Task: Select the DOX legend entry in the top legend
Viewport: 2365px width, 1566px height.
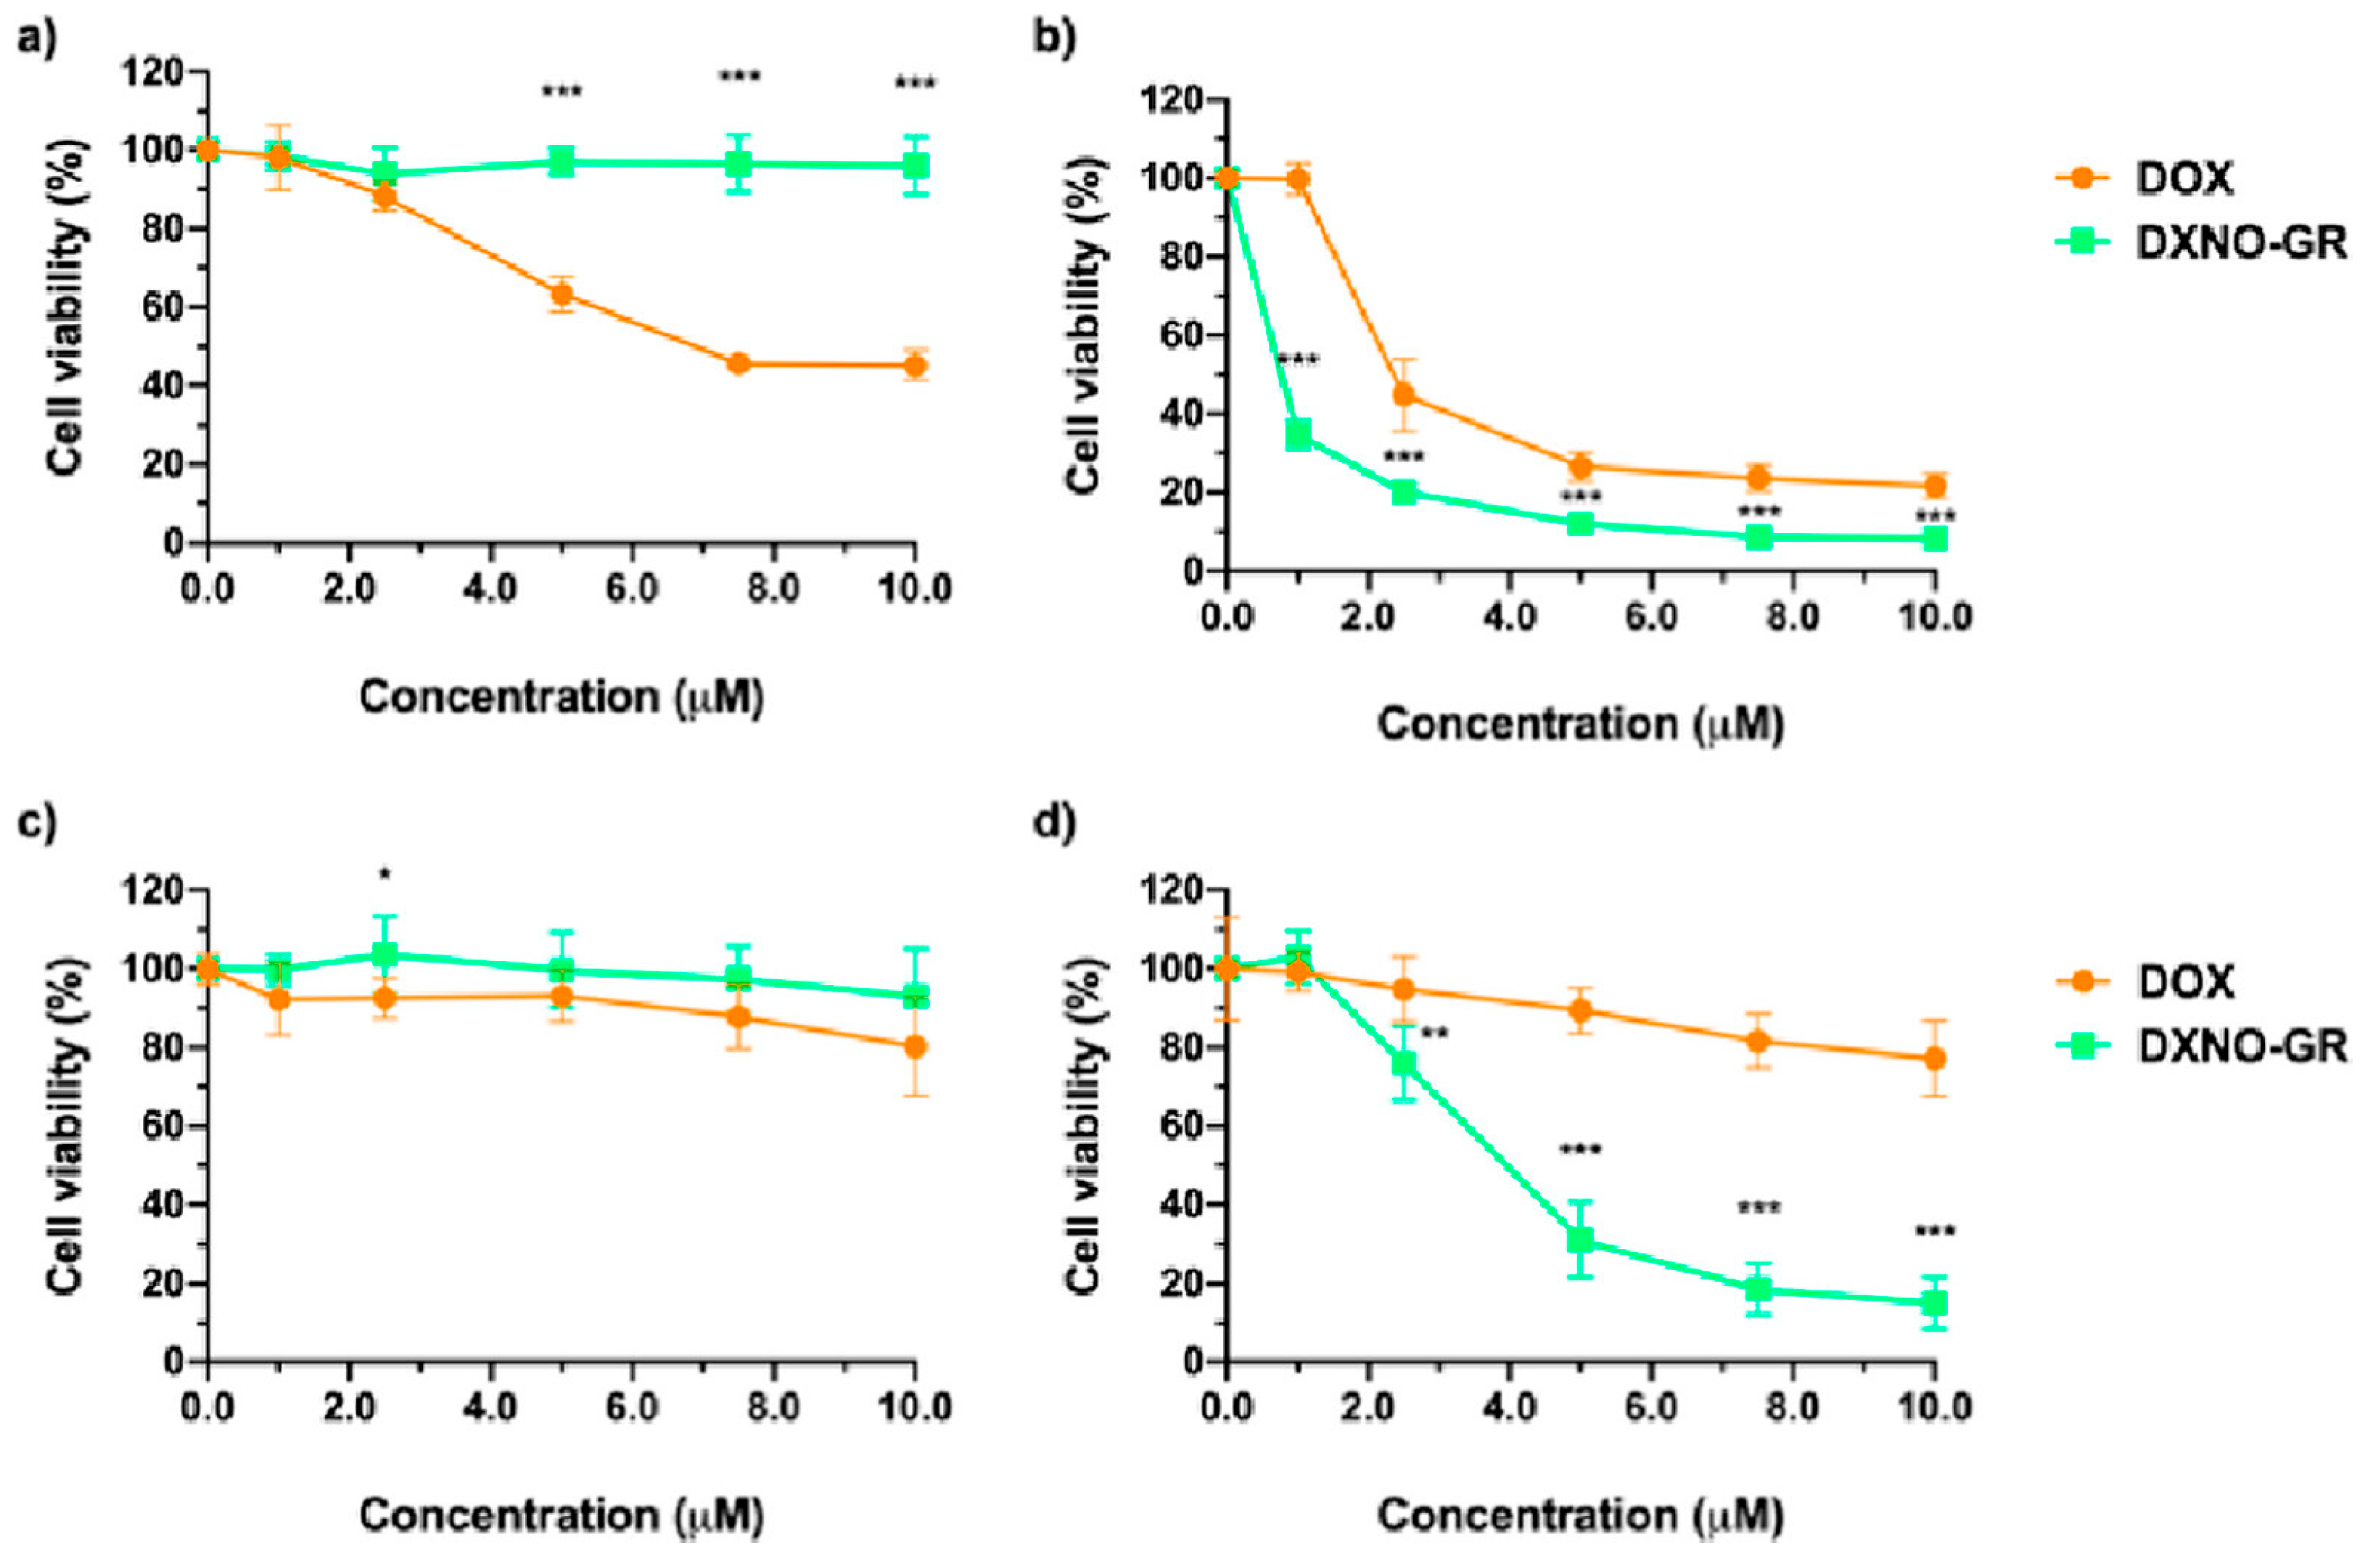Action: tap(2182, 178)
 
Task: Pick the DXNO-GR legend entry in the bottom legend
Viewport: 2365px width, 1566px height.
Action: tap(2241, 1046)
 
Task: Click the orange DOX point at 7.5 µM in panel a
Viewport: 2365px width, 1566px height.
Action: tap(739, 363)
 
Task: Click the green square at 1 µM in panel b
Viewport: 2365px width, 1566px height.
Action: tap(1299, 434)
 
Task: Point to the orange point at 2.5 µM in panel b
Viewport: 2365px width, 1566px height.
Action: tap(1404, 395)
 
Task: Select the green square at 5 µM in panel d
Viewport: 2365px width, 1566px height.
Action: tap(1580, 1240)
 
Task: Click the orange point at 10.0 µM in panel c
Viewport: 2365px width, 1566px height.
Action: tap(916, 1047)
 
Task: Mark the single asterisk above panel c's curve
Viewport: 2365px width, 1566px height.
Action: tap(384, 875)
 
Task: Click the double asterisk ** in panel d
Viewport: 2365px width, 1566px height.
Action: tap(1434, 1033)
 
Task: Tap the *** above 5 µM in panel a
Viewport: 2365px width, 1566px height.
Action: tap(562, 93)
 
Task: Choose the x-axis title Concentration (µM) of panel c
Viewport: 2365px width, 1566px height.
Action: tap(562, 1515)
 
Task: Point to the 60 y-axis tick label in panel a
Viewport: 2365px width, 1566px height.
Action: tap(162, 307)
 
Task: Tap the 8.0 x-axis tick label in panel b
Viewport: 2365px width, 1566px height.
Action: tap(1792, 617)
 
